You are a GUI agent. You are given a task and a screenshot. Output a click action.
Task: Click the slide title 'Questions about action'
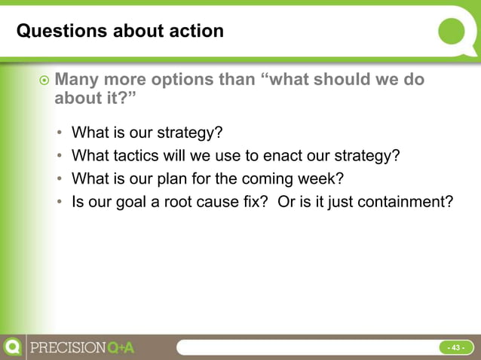point(120,32)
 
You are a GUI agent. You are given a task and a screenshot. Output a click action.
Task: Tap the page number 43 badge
point(455,347)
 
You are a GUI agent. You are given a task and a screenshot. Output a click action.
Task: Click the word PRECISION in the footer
point(67,348)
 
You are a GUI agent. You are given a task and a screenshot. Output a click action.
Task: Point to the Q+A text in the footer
point(121,348)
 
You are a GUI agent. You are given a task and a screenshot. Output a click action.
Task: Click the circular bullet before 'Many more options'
point(44,81)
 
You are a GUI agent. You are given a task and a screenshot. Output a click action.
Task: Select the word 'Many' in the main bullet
point(78,80)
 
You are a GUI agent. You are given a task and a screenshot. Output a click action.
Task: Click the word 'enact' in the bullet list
point(282,156)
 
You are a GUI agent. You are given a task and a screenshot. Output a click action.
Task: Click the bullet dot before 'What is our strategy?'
point(60,134)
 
